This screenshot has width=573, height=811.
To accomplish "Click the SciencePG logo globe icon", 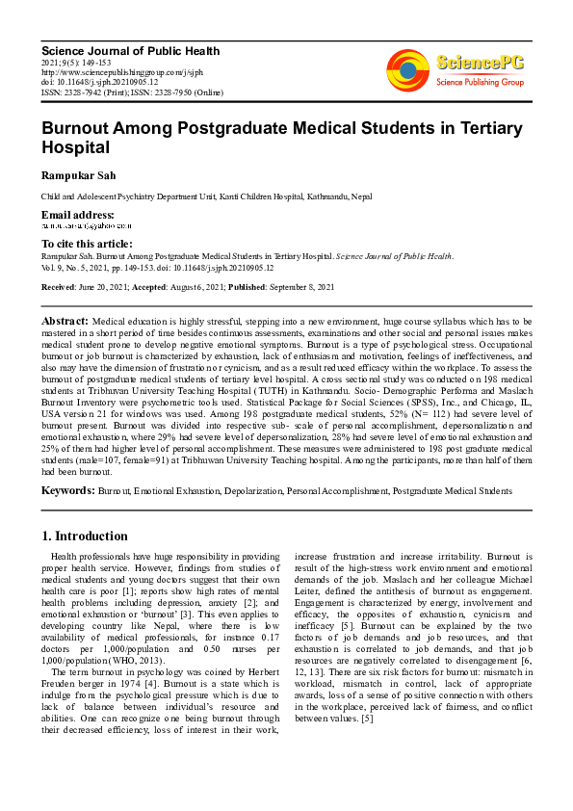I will (408, 69).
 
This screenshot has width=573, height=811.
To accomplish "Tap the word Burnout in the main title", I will (77, 127).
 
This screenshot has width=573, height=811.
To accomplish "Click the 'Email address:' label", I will (77, 214).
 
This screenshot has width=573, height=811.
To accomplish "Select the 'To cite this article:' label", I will (87, 244).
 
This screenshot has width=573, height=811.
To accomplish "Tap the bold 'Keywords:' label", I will (67, 491).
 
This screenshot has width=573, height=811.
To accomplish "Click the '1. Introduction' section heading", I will (85, 536).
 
